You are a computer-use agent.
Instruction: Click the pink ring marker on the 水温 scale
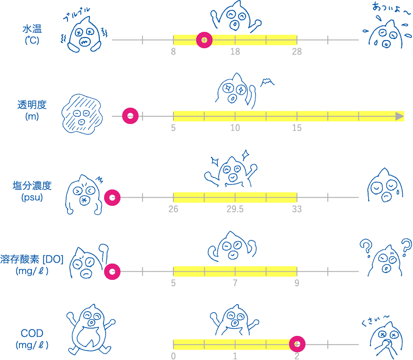pos(204,40)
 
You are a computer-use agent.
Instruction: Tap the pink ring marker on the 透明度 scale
pos(130,116)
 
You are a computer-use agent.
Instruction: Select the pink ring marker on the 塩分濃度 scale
pos(112,198)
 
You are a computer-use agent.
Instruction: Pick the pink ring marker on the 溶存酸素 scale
pos(112,272)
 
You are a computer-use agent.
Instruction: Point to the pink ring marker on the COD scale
pos(297,344)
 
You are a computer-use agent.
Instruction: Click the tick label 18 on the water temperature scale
pos(235,52)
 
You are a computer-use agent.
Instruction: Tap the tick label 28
pos(296,52)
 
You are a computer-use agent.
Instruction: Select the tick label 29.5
pos(235,210)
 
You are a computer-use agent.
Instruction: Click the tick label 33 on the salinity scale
pos(296,210)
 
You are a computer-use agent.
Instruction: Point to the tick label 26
pos(173,210)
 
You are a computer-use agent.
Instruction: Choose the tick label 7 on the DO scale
pos(235,284)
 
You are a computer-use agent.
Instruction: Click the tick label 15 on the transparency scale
pos(296,128)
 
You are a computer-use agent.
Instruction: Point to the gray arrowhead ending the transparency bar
pos(400,116)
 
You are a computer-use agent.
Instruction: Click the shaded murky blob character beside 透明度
pos(81,114)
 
